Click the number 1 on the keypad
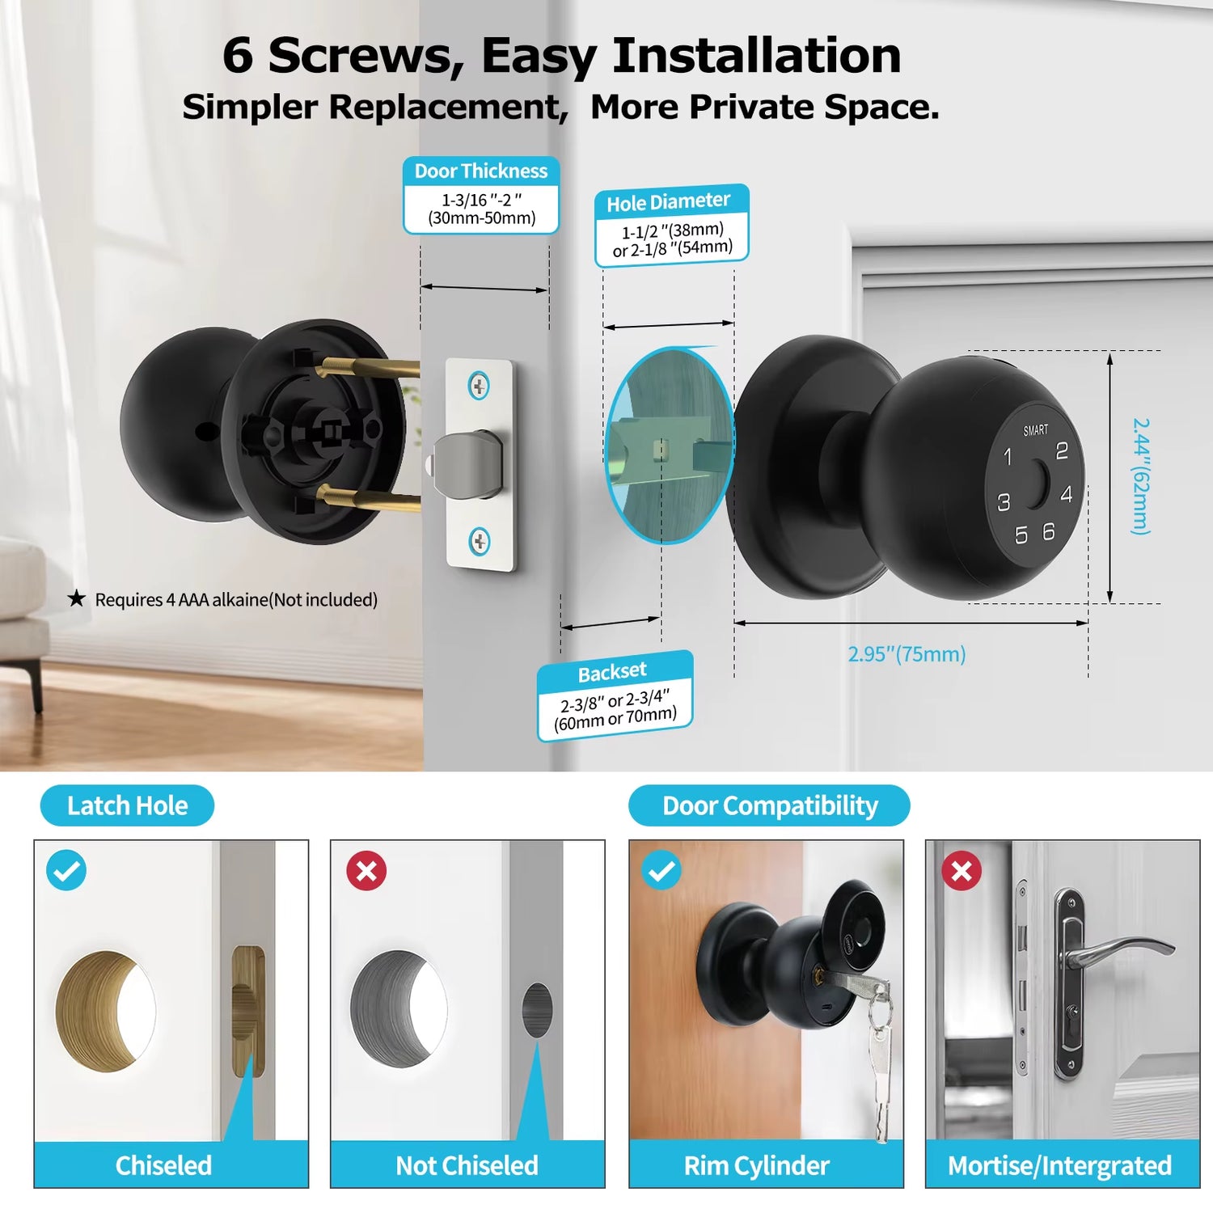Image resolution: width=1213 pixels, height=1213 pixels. point(1008,457)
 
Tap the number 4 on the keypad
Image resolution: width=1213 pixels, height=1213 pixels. point(1067,494)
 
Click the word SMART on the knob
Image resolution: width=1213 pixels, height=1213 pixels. point(1035,430)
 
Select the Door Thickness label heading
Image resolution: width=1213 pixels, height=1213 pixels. point(481,171)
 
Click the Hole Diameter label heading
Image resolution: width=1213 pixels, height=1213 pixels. point(669,202)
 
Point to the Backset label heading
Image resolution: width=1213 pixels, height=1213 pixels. point(612,672)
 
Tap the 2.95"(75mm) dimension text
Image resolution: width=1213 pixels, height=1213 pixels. point(907,654)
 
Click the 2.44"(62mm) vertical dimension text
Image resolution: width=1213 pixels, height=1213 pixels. point(1140,476)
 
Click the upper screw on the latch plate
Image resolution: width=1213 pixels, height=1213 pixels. point(480,386)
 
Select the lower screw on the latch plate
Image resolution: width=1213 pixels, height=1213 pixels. point(480,540)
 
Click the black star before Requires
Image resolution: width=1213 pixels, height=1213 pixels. point(76,598)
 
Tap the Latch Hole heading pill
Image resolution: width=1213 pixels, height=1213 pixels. point(127,805)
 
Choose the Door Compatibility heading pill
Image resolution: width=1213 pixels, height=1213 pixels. point(769,805)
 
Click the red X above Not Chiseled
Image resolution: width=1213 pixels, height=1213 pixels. point(366,871)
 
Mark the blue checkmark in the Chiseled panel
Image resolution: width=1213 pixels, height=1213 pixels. point(66,871)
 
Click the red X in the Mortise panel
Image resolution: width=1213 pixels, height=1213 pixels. point(962,871)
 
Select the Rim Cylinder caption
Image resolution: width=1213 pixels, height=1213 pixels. point(756,1165)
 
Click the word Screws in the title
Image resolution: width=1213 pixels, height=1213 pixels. point(366,57)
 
